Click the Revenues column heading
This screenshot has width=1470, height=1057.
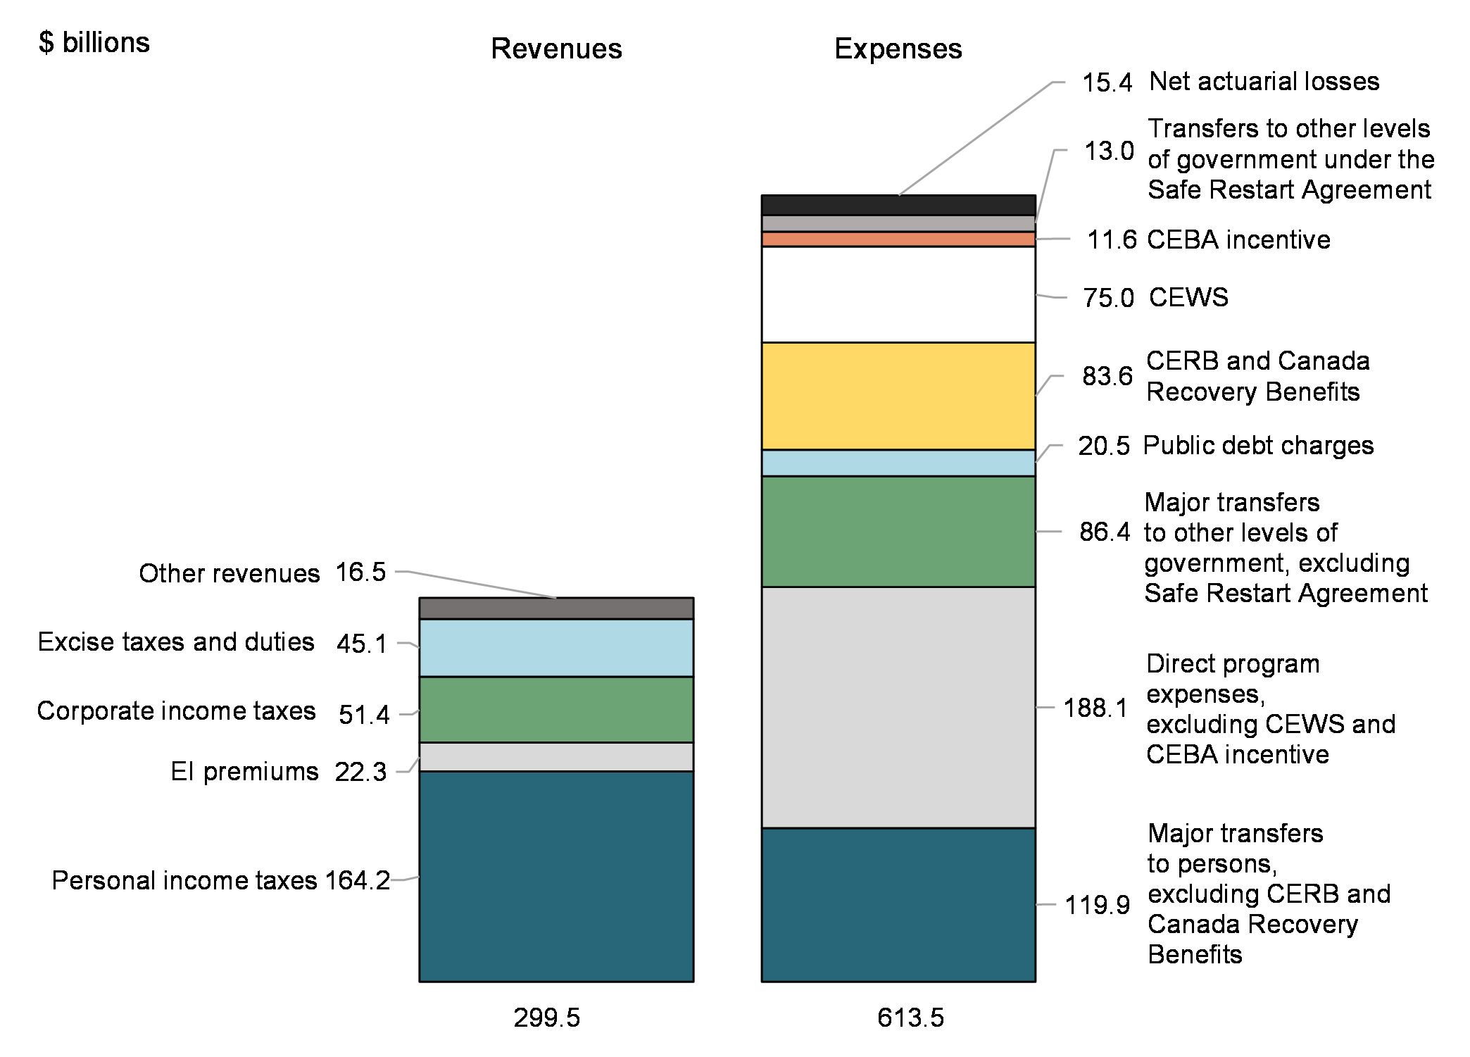pyautogui.click(x=556, y=49)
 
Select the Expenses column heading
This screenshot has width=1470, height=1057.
pyautogui.click(x=898, y=49)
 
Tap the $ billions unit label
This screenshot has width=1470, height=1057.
pyautogui.click(x=94, y=43)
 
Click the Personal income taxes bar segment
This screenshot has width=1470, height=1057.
pyautogui.click(x=556, y=876)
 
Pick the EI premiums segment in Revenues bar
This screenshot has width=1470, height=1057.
pyautogui.click(x=556, y=757)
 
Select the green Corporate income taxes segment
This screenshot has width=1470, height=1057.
pyautogui.click(x=556, y=709)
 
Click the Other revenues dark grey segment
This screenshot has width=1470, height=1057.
pyautogui.click(x=556, y=608)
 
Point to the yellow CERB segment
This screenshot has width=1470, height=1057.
pyautogui.click(x=898, y=396)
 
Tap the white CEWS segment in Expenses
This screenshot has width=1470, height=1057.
pyautogui.click(x=898, y=294)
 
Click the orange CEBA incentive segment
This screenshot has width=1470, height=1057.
pyautogui.click(x=898, y=239)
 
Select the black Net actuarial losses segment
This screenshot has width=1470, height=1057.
pyautogui.click(x=898, y=205)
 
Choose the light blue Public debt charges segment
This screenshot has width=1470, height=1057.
pyautogui.click(x=898, y=463)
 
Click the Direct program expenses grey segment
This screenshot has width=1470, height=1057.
pyautogui.click(x=898, y=707)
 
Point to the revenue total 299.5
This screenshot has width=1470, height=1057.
pyautogui.click(x=546, y=1018)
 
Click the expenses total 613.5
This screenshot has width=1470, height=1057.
pyautogui.click(x=910, y=1018)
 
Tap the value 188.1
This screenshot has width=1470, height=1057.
pyautogui.click(x=1095, y=708)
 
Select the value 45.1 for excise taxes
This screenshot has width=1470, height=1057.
pyautogui.click(x=362, y=644)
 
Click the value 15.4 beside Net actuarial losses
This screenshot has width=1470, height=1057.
pyautogui.click(x=1107, y=82)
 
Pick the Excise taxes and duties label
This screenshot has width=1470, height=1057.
pyautogui.click(x=176, y=642)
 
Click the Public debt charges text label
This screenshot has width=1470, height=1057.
pyautogui.click(x=1258, y=445)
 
